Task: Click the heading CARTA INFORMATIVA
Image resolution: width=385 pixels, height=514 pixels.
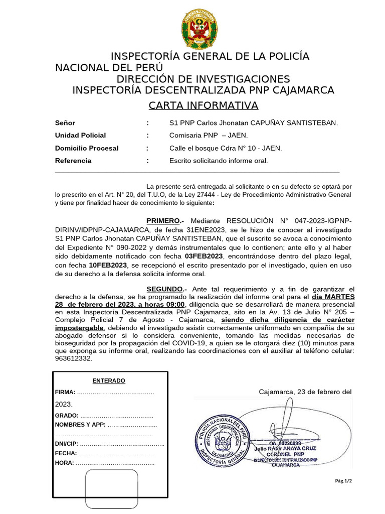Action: click(x=203, y=105)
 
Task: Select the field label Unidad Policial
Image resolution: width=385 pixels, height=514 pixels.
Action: click(x=80, y=136)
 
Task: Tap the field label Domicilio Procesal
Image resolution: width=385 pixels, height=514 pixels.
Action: click(x=86, y=148)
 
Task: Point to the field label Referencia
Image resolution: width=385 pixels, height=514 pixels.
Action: click(x=73, y=161)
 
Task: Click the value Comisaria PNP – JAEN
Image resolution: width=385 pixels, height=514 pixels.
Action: click(x=209, y=136)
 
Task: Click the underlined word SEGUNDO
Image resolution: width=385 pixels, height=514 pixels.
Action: click(x=164, y=289)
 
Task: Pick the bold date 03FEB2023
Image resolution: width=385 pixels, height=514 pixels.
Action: click(x=204, y=256)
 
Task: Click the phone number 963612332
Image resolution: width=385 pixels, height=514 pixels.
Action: click(x=74, y=359)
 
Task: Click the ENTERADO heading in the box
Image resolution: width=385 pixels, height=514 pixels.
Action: click(x=109, y=381)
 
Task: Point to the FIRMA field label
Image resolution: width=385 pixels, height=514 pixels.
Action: click(x=65, y=392)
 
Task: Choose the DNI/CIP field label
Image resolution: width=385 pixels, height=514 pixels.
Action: click(x=67, y=444)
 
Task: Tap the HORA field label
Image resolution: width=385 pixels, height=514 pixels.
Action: click(x=64, y=463)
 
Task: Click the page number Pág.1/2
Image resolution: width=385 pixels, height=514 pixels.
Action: click(x=343, y=481)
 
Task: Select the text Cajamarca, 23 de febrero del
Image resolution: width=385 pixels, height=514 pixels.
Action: click(x=305, y=392)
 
